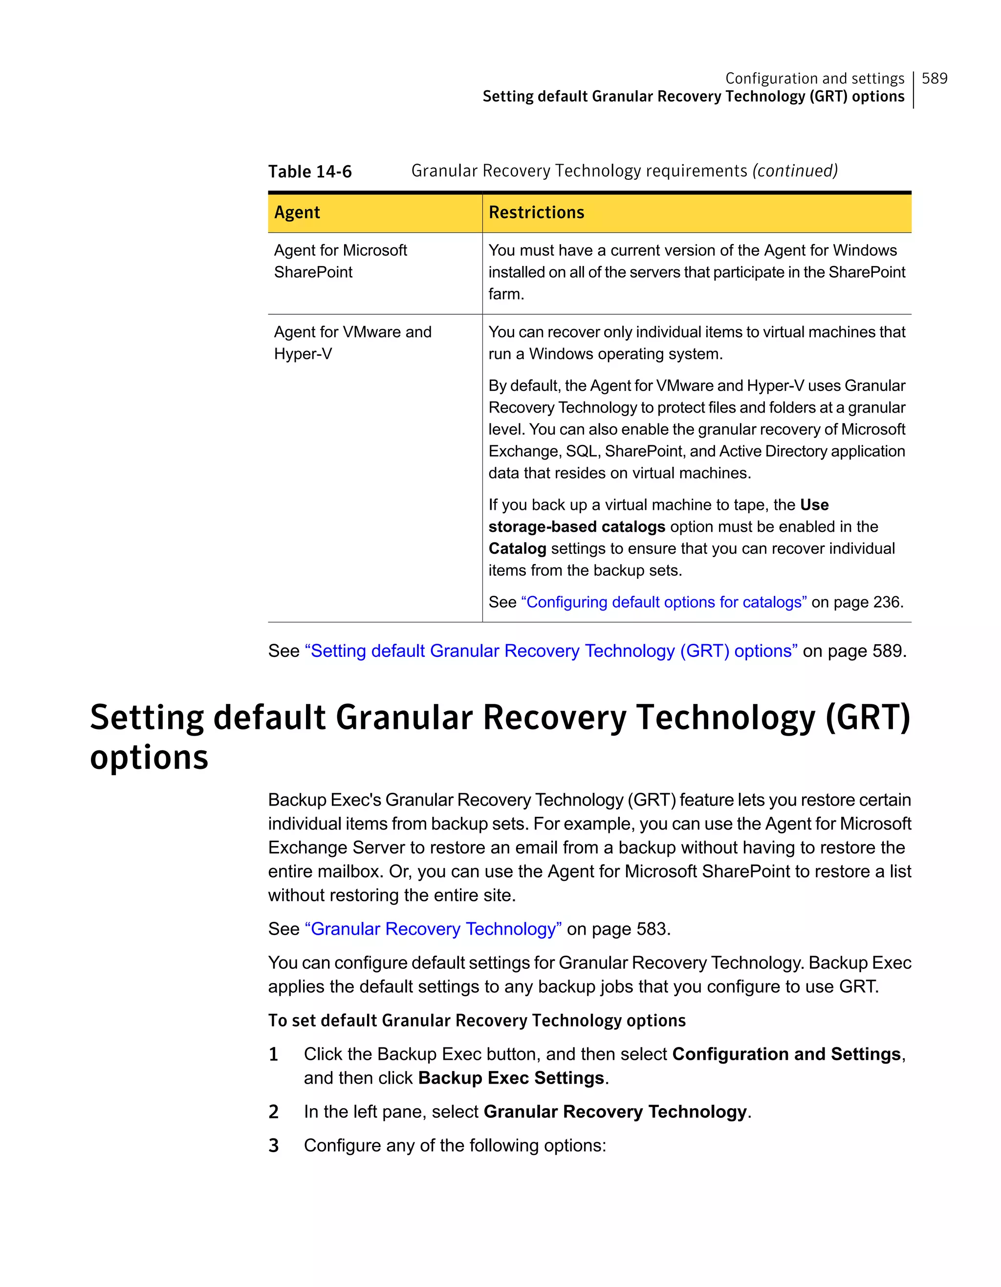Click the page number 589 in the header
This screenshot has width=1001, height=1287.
[x=934, y=78]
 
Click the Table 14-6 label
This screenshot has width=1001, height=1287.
[x=309, y=172]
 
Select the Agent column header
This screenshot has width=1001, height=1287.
[x=297, y=212]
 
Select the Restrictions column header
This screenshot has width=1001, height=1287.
[x=536, y=212]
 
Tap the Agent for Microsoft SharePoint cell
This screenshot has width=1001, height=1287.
[x=340, y=261]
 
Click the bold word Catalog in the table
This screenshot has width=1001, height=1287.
[x=517, y=548]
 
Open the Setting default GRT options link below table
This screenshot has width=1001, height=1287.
[x=551, y=651]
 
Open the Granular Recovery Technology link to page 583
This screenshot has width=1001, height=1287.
[x=433, y=929]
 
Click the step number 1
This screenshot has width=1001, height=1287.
[x=273, y=1054]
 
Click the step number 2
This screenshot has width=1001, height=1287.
[x=273, y=1112]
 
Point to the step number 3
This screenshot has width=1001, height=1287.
[x=273, y=1146]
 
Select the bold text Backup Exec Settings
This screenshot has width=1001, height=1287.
[x=511, y=1078]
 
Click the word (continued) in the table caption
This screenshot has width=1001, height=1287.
[x=795, y=171]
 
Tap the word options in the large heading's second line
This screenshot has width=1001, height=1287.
[x=149, y=757]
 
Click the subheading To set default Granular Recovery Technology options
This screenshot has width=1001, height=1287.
[x=477, y=1020]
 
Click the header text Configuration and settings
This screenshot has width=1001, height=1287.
[x=814, y=78]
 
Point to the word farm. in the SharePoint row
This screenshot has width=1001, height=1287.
[x=506, y=294]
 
